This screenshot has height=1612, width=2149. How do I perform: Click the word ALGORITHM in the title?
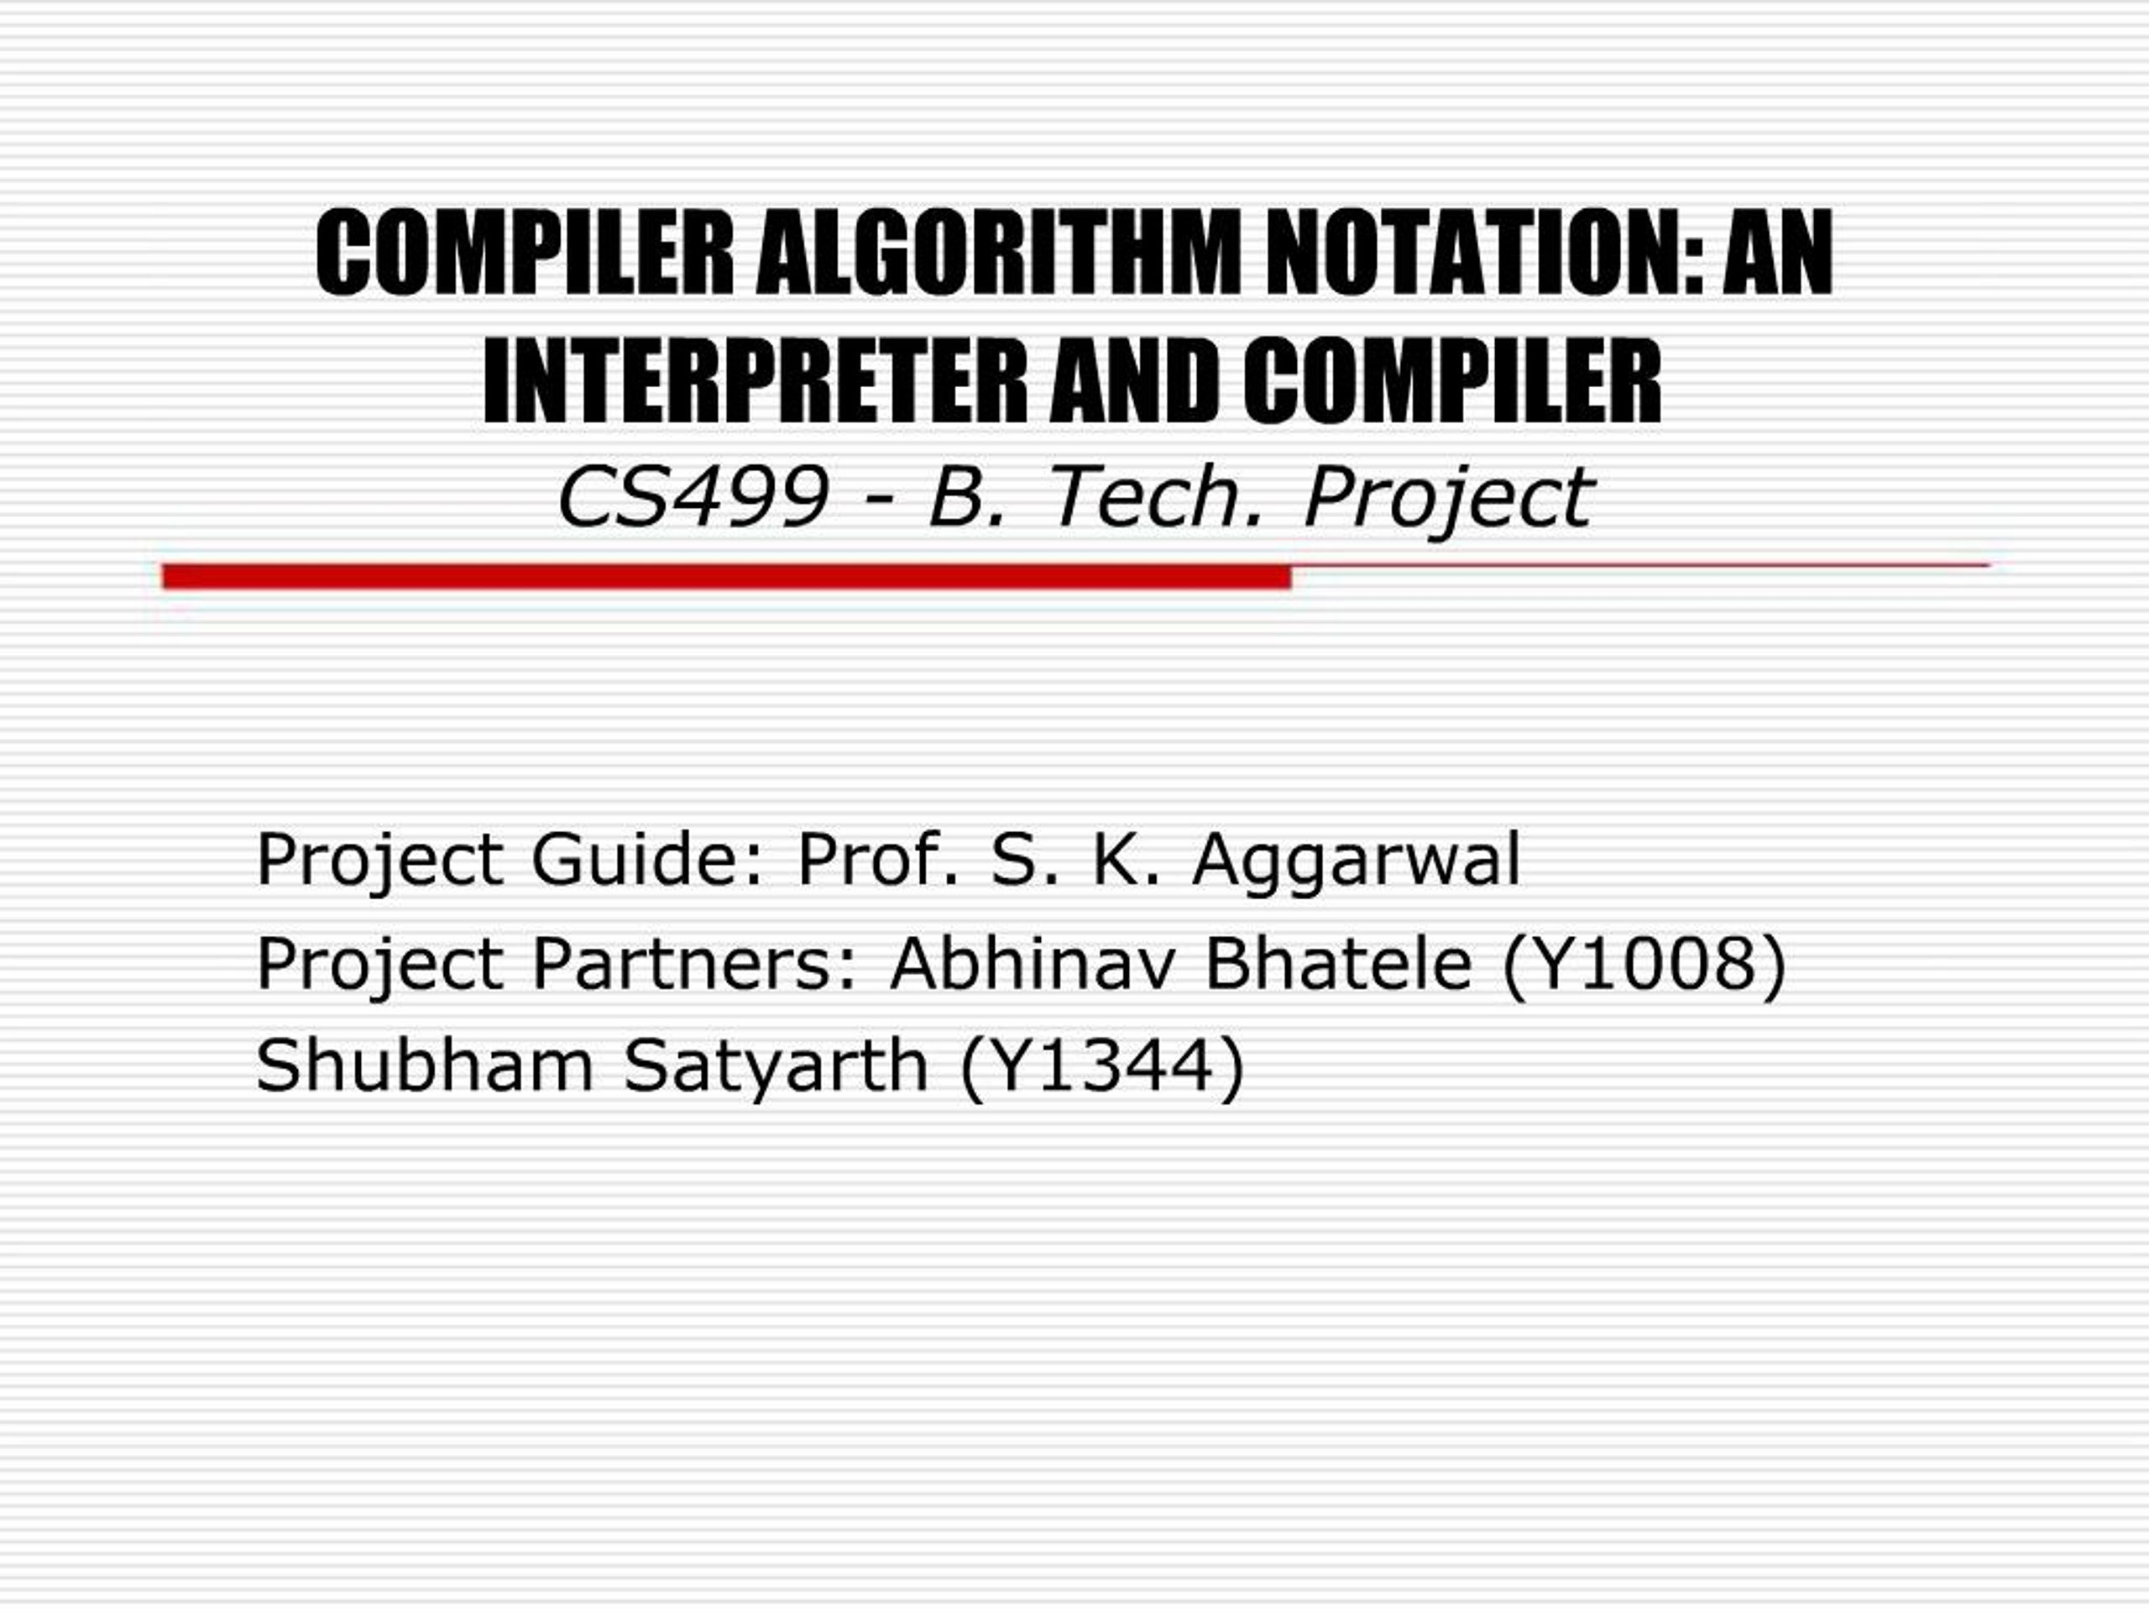[x=999, y=253]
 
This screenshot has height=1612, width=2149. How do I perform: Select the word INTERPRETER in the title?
[x=755, y=381]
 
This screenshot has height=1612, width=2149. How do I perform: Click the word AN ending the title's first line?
[x=1779, y=253]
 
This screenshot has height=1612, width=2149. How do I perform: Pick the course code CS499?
[x=693, y=498]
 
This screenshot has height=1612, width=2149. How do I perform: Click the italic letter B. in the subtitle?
[x=968, y=498]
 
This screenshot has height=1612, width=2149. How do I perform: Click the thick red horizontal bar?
[x=727, y=576]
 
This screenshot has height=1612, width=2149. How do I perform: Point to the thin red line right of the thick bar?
[x=1641, y=564]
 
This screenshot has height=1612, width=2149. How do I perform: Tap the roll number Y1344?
[x=1100, y=1067]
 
